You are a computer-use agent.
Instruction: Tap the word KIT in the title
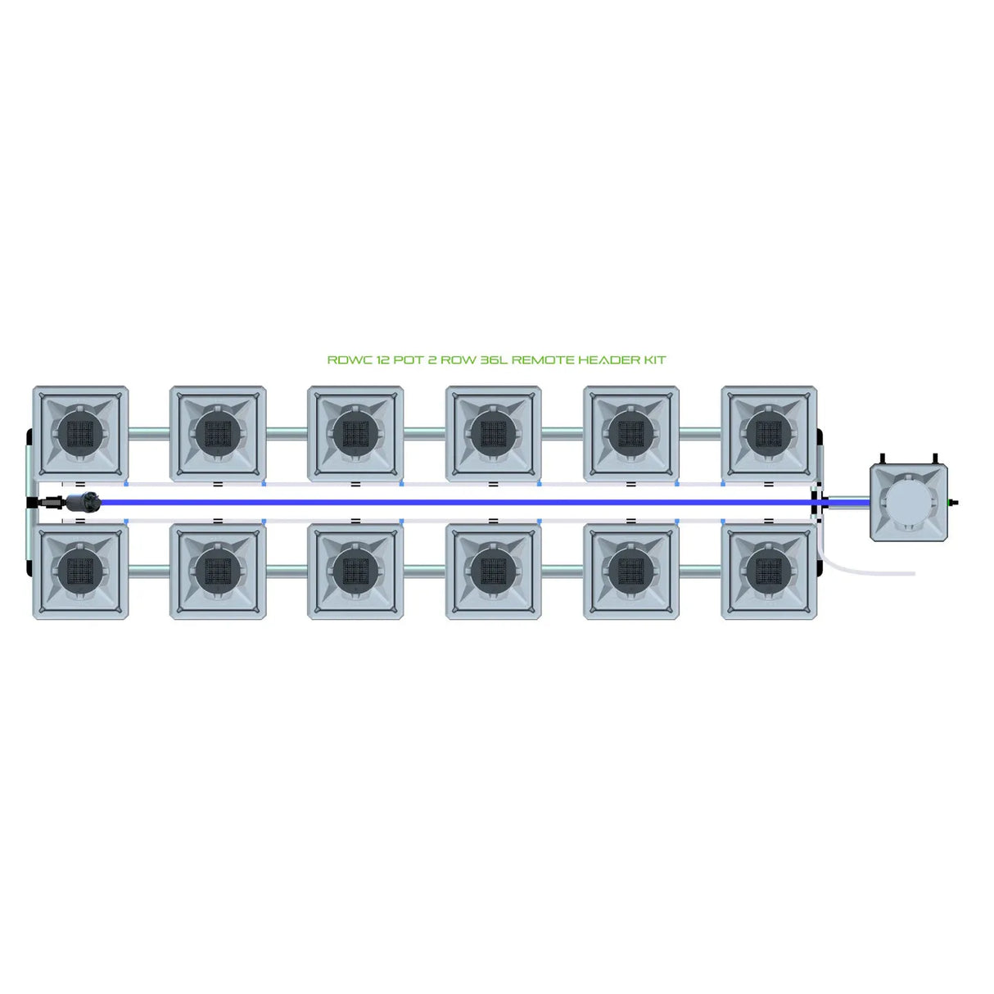tap(655, 360)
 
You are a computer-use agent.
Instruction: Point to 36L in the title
tap(493, 360)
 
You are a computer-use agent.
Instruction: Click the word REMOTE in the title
tap(543, 360)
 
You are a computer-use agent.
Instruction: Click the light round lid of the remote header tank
tap(909, 502)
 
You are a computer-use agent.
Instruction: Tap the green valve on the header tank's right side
tap(952, 502)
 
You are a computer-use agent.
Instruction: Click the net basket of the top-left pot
tap(80, 433)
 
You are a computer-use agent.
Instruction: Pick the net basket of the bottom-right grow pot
tap(768, 571)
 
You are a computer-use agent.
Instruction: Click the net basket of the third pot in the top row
tap(355, 433)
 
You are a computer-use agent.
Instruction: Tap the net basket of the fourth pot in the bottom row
tap(493, 571)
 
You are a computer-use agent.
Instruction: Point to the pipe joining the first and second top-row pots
tap(149, 433)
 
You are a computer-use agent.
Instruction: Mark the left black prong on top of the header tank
tap(883, 459)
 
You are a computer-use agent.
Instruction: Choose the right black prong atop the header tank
tap(934, 459)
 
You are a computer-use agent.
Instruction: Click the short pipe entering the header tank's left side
tap(847, 501)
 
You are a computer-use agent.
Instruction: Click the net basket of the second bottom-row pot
tap(218, 571)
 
